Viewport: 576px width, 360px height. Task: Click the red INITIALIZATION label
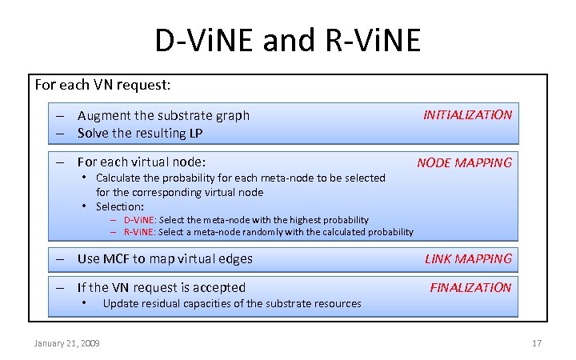(x=467, y=114)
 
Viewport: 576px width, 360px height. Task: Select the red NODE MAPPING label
(x=464, y=162)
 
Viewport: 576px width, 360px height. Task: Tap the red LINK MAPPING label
(x=468, y=258)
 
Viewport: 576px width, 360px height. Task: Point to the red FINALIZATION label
(x=470, y=287)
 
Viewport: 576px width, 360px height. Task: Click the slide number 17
(x=537, y=343)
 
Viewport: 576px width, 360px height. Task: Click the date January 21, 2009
(x=66, y=343)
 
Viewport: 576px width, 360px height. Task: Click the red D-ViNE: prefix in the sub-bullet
(x=139, y=220)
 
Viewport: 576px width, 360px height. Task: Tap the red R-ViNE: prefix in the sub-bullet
(x=139, y=232)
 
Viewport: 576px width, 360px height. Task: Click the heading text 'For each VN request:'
(x=102, y=84)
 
